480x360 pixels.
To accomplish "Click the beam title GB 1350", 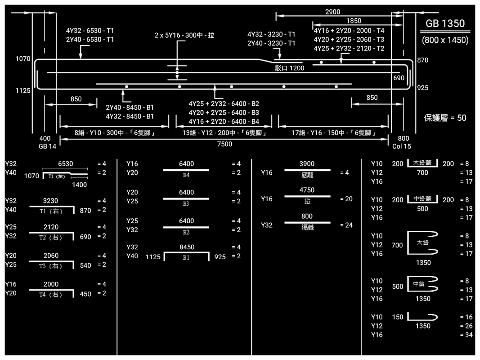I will point(445,24).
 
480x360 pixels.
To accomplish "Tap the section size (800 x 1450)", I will point(445,40).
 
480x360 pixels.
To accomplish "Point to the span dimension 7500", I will point(224,144).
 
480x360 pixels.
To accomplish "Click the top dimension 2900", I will point(332,12).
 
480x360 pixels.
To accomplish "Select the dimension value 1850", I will point(354,21).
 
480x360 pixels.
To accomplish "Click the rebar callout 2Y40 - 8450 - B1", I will point(130,108).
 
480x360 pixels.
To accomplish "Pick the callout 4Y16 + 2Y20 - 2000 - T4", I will point(349,31).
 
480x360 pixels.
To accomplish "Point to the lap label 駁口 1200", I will point(289,68).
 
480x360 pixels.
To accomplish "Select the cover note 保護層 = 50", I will point(445,118).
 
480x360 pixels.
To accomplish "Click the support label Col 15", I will point(401,146).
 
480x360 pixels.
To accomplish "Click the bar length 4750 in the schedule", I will point(307,190).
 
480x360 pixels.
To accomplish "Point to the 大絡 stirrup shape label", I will point(422,243).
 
